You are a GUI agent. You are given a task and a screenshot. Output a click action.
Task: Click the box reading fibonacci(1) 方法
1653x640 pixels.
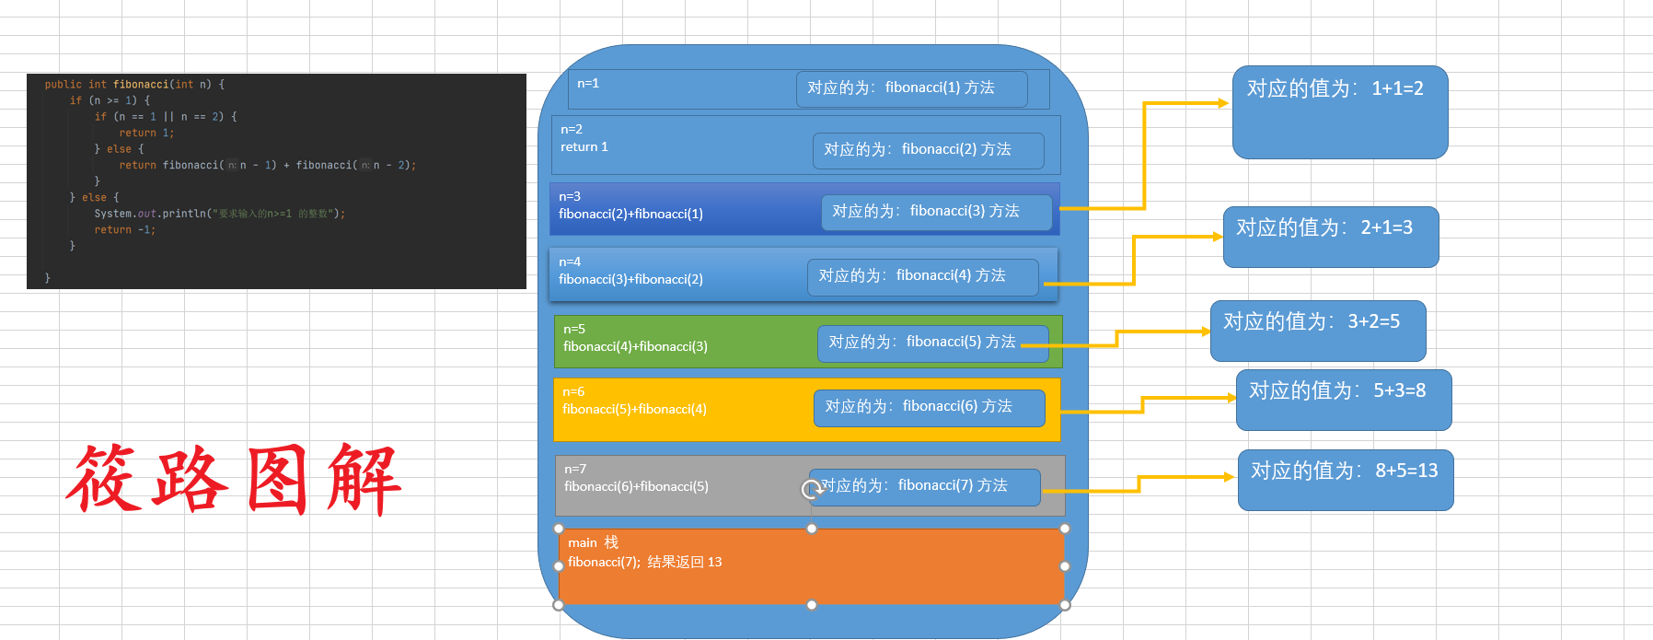(911, 88)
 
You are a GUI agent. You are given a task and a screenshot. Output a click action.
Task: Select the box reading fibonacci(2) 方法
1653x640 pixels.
(928, 150)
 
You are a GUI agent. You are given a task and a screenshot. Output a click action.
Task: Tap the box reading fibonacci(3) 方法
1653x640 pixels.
(936, 212)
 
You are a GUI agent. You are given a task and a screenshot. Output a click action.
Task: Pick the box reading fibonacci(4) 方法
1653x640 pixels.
(922, 276)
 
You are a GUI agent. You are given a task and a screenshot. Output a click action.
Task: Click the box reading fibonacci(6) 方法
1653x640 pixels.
(929, 407)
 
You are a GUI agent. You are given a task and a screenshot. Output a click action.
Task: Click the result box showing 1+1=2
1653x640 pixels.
(1339, 111)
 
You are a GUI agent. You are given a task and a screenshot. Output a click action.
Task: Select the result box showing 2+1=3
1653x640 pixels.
(1330, 237)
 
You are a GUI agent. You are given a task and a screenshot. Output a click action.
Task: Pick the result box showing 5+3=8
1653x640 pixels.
(1343, 399)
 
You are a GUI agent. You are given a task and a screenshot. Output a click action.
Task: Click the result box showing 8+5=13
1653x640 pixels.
(1345, 479)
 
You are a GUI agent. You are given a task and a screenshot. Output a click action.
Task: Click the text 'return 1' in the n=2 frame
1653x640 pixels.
(584, 147)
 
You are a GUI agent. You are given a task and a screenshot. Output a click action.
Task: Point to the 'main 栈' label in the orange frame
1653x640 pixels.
(593, 542)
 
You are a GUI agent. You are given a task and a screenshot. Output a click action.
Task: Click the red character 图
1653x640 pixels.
(277, 479)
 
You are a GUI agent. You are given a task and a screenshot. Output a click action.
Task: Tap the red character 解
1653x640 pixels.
(364, 479)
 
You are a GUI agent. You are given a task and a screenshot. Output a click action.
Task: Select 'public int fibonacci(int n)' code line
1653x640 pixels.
(134, 85)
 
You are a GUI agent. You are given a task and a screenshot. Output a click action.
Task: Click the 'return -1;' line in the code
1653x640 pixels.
(124, 230)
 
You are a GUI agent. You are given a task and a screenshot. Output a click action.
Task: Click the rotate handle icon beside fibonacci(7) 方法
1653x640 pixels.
(812, 489)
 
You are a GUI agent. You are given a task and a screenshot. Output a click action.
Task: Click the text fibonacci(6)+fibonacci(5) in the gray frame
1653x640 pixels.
(636, 487)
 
